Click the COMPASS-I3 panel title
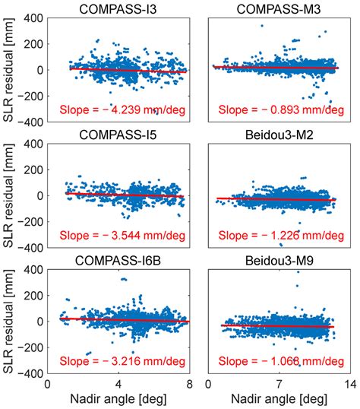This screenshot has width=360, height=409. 118,8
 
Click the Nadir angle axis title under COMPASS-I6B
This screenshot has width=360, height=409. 118,400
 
